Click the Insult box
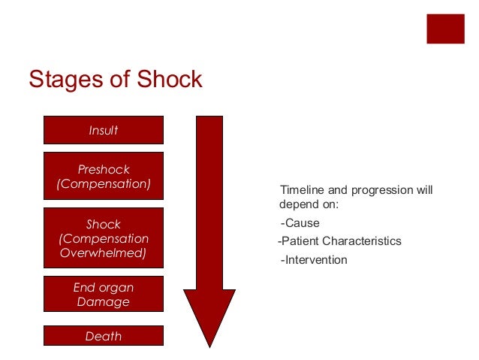[104, 130]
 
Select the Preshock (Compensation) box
[104, 176]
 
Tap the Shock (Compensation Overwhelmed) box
[104, 238]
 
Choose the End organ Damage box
[104, 294]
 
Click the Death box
[104, 336]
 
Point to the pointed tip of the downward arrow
[209, 346]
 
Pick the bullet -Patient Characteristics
[339, 241]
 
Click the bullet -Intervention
[313, 260]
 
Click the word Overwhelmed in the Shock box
[103, 253]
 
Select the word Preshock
[104, 169]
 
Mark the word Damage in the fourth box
[104, 302]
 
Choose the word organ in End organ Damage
[117, 287]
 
